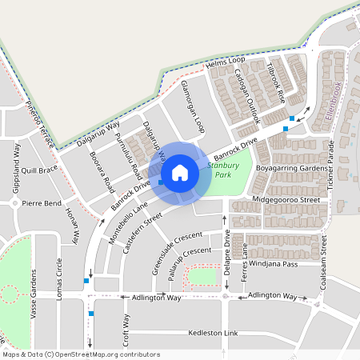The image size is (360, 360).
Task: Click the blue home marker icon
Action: (180, 173)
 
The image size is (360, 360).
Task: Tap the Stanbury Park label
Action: (218, 170)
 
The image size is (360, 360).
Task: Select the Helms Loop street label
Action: (225, 61)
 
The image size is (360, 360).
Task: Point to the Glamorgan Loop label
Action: (193, 106)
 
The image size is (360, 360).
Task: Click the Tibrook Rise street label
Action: (276, 84)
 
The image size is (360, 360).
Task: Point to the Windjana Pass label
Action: (273, 264)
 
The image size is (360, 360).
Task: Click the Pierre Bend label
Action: (42, 204)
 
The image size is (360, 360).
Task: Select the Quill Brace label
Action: (39, 170)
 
